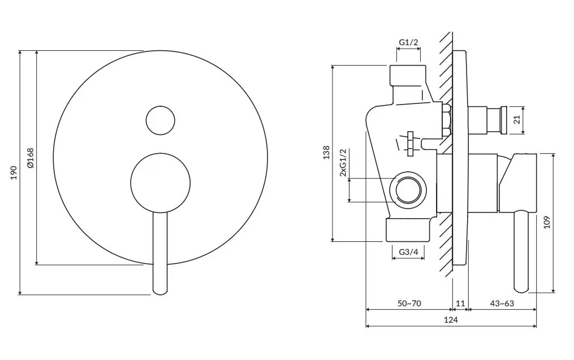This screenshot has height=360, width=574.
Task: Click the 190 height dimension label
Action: tap(14, 172)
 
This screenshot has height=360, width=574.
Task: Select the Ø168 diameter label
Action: tap(31, 158)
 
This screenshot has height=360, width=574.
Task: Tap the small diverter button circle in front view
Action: tap(161, 121)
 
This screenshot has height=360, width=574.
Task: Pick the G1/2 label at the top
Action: tap(408, 42)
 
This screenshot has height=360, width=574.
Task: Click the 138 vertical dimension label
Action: tap(326, 152)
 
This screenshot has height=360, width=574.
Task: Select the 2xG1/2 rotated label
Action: tap(343, 162)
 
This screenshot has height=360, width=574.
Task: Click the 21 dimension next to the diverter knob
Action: tap(517, 120)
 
